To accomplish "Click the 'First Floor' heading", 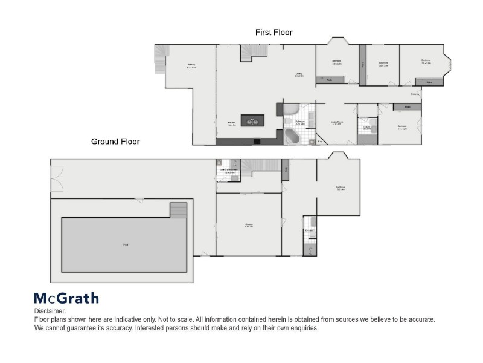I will (273, 33).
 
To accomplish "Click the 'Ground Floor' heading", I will (115, 142).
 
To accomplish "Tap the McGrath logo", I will (66, 298).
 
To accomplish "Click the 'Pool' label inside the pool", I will (126, 245).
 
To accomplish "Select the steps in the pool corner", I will (178, 211).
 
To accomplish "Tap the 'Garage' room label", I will (249, 225).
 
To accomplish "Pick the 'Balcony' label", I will (191, 65).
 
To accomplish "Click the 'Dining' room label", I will (298, 74).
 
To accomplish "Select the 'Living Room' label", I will (337, 123).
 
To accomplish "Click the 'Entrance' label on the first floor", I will (415, 94).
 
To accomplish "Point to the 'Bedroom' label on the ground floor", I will (340, 188).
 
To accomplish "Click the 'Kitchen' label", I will (231, 123).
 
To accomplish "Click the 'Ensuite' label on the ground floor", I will (309, 231).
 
